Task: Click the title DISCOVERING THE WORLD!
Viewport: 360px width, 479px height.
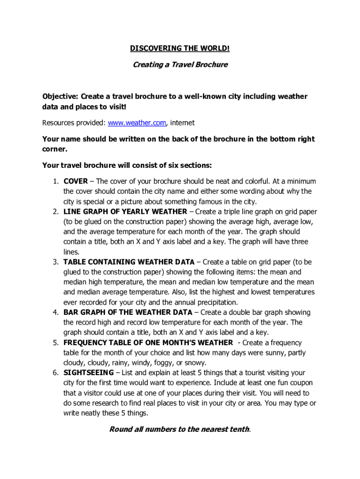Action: (180, 49)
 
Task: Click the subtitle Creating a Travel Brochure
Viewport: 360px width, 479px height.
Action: (180, 65)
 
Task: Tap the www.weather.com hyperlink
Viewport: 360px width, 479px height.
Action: (137, 123)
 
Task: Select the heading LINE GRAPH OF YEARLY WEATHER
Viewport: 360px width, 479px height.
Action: (125, 211)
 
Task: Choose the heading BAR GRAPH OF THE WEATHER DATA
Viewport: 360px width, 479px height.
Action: (128, 312)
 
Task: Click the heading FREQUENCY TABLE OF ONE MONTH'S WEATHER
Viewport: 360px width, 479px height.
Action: (148, 343)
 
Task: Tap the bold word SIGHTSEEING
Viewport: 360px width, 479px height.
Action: (88, 373)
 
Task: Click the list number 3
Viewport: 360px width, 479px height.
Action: (55, 262)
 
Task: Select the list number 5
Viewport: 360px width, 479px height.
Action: (55, 343)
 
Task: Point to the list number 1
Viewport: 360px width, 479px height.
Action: (55, 181)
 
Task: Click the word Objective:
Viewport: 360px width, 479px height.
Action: (60, 96)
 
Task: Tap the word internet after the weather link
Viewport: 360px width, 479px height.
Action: (182, 123)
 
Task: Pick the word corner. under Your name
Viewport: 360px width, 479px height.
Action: (55, 150)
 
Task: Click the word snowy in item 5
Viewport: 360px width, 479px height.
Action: (195, 363)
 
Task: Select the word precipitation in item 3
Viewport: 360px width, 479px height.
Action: (216, 302)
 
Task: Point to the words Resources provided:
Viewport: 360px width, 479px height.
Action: (74, 123)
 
